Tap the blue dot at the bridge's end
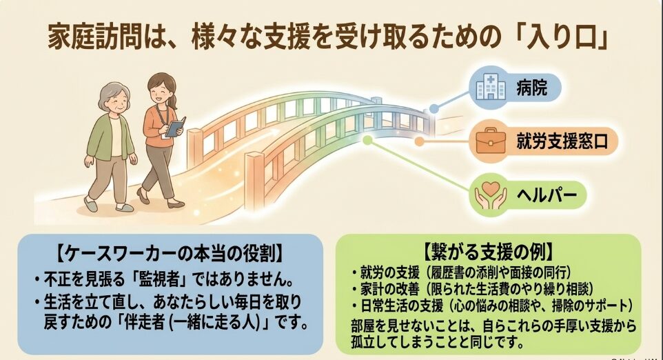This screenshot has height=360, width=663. (434, 108)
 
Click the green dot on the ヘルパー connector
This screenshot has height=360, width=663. (367, 139)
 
